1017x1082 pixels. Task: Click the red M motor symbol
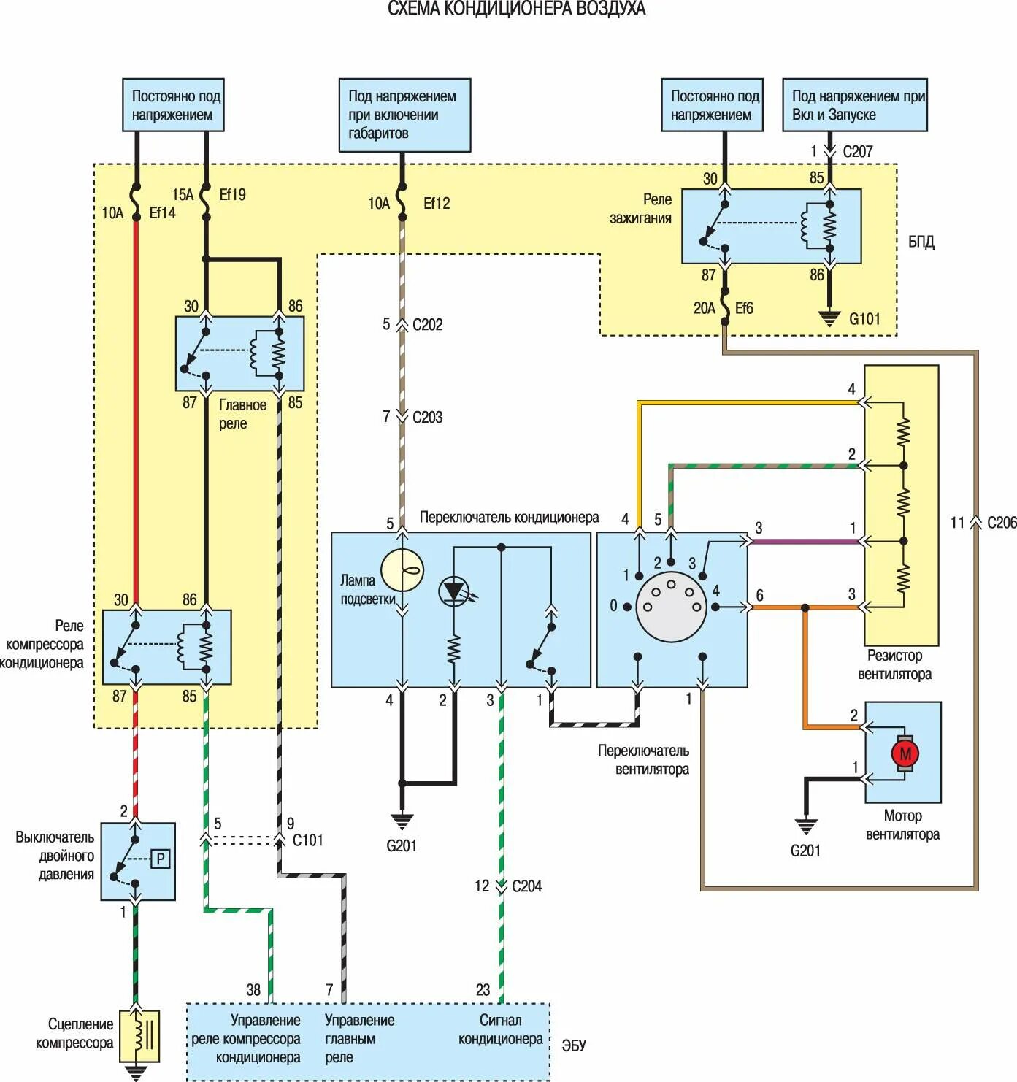coord(905,754)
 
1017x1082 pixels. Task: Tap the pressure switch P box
coord(160,859)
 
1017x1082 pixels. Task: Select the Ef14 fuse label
coord(162,213)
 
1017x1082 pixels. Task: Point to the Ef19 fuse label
coord(232,194)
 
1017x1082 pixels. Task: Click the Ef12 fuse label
coord(437,203)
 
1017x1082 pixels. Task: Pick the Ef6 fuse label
coord(744,308)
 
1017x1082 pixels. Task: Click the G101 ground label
coord(864,319)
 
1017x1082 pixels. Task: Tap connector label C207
coord(857,151)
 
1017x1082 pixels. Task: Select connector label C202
coord(427,325)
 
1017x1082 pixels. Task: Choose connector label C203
coord(427,418)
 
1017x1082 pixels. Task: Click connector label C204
coord(526,886)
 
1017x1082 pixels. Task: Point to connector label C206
coord(1002,523)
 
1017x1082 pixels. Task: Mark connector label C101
coord(308,840)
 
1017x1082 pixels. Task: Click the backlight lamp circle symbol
coord(402,571)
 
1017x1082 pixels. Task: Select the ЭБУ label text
coord(574,1045)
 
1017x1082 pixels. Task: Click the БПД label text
coord(921,242)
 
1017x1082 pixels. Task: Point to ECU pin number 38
coord(253,990)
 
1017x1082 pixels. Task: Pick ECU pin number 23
coord(483,990)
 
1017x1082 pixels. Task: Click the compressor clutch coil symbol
coord(140,1036)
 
